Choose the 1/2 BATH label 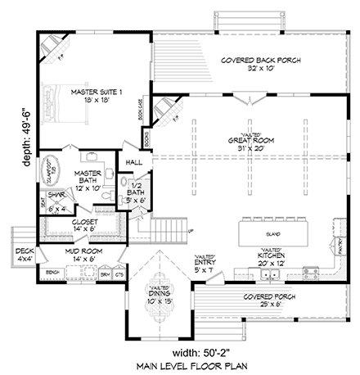(133, 194)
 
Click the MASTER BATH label (87, 178)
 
